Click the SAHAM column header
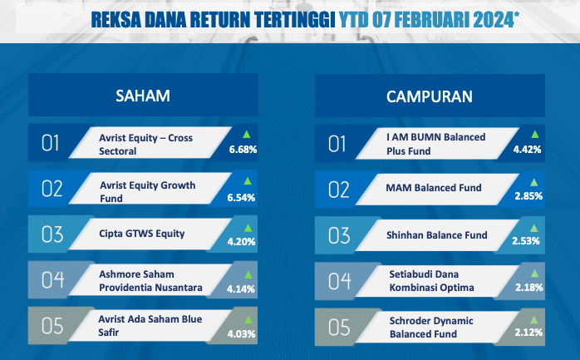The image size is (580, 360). (x=143, y=96)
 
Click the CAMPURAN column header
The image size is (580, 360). (x=430, y=96)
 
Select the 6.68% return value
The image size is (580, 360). (x=243, y=150)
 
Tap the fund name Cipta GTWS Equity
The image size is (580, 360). (x=141, y=234)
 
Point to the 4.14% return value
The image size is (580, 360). (x=241, y=289)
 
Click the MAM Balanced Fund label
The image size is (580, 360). (x=434, y=188)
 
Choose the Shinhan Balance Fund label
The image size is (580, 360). (x=437, y=235)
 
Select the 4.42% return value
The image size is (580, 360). (x=527, y=150)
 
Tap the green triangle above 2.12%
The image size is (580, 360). (x=533, y=319)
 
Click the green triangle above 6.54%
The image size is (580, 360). (x=248, y=180)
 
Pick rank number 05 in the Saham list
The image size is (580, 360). (x=52, y=326)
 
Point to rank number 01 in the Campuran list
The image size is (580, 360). (x=337, y=144)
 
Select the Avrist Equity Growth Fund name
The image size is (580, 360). (x=148, y=192)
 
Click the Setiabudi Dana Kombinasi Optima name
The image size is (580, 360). (x=431, y=281)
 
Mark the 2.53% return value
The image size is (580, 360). (x=526, y=241)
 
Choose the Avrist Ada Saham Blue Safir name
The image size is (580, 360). (x=150, y=326)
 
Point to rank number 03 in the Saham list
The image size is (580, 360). (x=52, y=234)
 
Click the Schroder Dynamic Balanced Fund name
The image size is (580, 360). (x=431, y=327)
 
